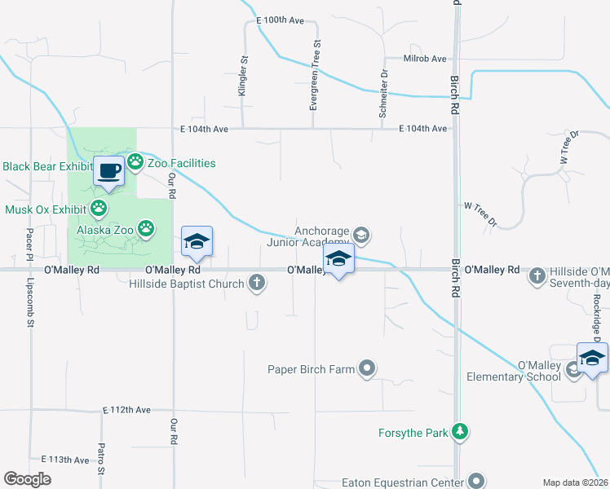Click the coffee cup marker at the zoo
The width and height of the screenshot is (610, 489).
click(x=109, y=171)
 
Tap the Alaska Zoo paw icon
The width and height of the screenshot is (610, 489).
click(x=146, y=229)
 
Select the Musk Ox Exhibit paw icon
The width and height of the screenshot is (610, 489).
click(x=99, y=209)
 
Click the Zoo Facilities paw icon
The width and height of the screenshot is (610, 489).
click(x=135, y=163)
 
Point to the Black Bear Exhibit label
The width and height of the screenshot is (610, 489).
click(x=46, y=166)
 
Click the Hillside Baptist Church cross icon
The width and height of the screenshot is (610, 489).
click(x=257, y=284)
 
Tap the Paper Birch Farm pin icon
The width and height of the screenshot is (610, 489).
click(x=367, y=369)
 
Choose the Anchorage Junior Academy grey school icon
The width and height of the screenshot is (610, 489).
click(x=362, y=236)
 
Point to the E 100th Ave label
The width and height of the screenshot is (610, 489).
click(x=280, y=42)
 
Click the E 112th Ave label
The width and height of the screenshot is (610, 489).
click(x=127, y=409)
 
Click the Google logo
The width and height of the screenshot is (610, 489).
click(x=28, y=479)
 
